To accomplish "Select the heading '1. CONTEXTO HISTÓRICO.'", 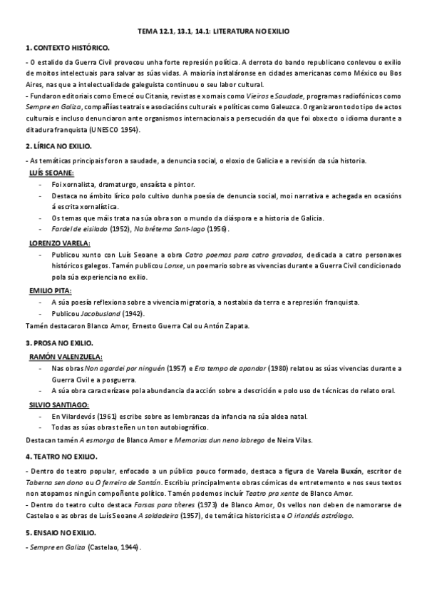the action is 67,47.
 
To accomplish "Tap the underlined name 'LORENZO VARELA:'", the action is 59,243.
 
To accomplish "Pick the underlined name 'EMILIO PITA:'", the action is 51,291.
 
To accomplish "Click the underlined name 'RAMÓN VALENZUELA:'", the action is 66,355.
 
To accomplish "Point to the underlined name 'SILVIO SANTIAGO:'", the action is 60,403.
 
